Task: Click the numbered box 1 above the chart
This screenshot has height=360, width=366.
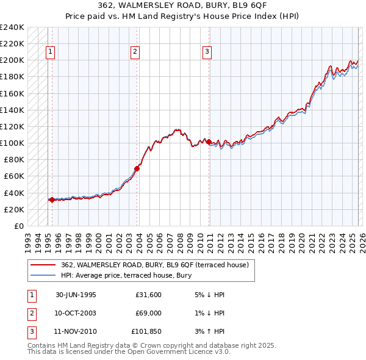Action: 49,52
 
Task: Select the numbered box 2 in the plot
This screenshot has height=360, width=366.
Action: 134,52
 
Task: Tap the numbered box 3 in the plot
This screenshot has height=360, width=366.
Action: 207,52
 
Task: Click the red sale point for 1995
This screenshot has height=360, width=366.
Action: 52,200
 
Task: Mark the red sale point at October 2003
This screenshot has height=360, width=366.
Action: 137,168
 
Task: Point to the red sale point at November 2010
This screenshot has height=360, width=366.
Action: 209,142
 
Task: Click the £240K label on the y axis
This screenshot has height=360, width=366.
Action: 12,27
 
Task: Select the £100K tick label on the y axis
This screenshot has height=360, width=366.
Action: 12,143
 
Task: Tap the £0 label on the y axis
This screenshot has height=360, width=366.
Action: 18,226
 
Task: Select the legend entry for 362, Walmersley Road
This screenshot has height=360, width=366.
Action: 154,265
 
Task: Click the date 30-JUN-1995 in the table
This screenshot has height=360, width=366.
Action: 76,295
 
